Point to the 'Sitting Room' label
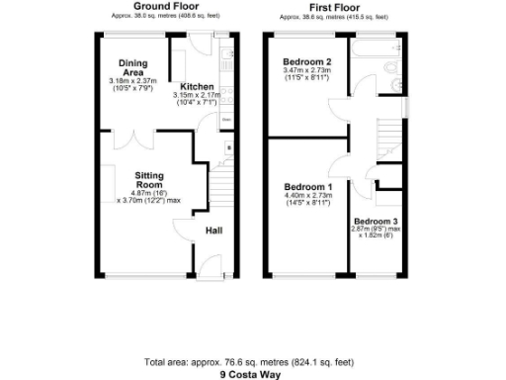pos(148,179)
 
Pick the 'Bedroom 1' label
pos(308,187)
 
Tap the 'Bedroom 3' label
pos(377,221)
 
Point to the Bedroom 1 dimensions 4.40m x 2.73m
pos(308,200)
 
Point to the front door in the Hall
pos(211,265)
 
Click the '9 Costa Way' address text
pos(251,375)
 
